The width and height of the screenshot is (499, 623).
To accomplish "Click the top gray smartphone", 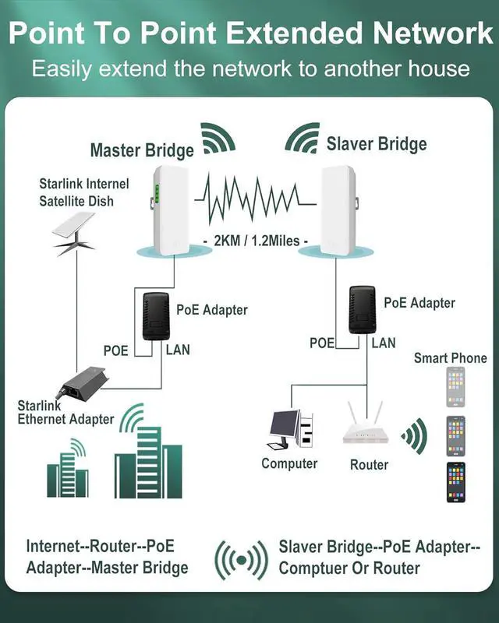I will tap(455, 387).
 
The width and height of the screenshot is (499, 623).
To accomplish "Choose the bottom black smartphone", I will tap(455, 483).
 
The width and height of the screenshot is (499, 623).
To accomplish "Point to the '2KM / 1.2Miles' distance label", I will tap(255, 241).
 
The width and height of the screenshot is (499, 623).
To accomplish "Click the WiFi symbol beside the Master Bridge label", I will tap(218, 139).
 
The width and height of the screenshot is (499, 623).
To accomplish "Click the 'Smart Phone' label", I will tap(450, 357).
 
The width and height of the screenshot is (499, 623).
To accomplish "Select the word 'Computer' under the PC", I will tap(289, 463).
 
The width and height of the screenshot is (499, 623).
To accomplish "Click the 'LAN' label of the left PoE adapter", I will tap(178, 350).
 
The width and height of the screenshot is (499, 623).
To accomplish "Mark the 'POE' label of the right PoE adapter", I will tap(322, 343).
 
